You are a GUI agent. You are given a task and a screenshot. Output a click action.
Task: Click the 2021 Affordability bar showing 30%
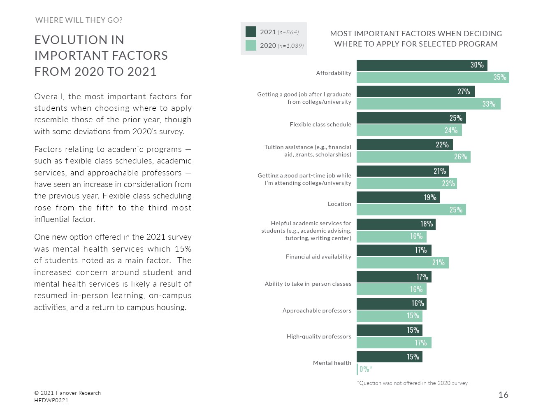click(x=422, y=65)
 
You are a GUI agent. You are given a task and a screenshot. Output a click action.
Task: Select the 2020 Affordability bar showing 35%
click(x=433, y=77)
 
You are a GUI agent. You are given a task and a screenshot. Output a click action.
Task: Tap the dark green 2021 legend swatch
click(x=251, y=32)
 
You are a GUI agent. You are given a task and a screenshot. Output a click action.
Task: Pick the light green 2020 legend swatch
click(x=251, y=45)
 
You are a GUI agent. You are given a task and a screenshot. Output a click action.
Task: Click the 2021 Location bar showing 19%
click(x=398, y=198)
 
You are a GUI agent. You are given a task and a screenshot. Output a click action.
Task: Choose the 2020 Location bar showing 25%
click(x=411, y=210)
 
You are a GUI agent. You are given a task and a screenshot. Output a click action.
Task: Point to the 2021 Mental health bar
click(x=389, y=357)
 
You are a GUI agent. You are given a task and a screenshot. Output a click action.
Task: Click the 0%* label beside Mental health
click(x=366, y=369)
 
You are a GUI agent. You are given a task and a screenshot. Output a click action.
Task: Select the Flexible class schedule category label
click(x=320, y=124)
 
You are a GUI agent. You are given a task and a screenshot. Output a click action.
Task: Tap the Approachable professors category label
click(x=317, y=310)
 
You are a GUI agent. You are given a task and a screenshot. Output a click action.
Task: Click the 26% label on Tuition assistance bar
click(x=461, y=157)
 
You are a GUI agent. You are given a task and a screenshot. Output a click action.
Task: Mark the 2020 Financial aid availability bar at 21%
click(x=402, y=263)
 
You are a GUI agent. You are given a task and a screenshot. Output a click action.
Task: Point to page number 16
click(x=503, y=395)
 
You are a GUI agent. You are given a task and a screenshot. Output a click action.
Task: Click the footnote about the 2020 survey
click(x=412, y=383)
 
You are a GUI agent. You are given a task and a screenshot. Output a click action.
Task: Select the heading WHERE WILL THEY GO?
click(x=79, y=20)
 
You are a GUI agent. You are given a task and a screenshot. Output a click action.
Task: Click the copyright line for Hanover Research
click(x=67, y=393)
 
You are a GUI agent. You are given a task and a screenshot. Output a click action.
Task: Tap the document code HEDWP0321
click(x=51, y=400)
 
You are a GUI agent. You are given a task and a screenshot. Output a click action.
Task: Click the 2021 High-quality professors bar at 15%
click(x=389, y=330)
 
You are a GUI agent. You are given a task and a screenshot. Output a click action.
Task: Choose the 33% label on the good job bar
click(x=489, y=104)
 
